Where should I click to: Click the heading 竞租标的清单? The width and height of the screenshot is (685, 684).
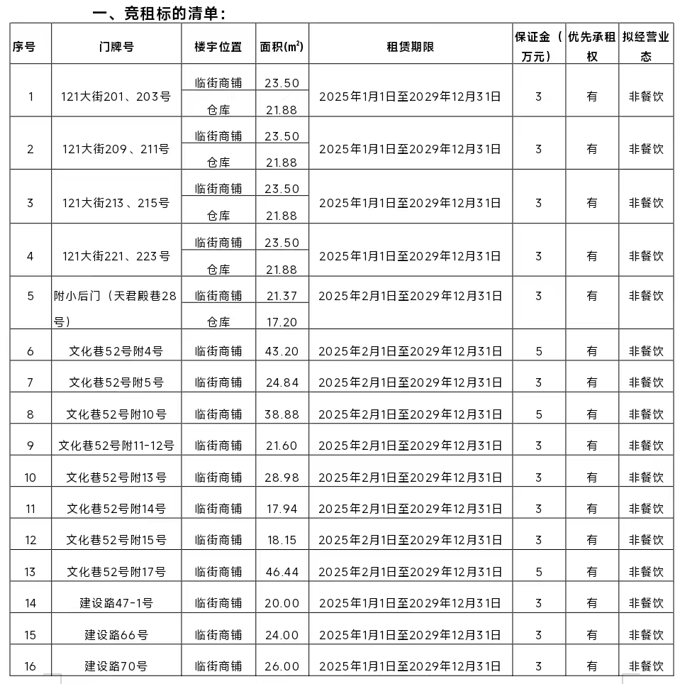[x=160, y=13]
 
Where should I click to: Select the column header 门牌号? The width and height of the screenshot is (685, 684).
[x=116, y=47]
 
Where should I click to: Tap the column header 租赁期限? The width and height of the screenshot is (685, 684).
[x=410, y=47]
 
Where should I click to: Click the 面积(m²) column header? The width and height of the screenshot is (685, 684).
[x=282, y=47]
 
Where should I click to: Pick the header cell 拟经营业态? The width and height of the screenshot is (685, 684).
[x=646, y=47]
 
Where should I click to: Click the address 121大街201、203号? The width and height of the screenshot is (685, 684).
[x=116, y=96]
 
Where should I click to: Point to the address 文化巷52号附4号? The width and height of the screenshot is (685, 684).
[x=116, y=351]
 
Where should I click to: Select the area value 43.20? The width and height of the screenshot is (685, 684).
[x=282, y=351]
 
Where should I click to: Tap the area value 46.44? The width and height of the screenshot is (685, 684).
[x=282, y=571]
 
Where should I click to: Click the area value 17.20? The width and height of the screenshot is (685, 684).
[x=282, y=322]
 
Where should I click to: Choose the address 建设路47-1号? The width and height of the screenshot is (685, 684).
[x=116, y=603]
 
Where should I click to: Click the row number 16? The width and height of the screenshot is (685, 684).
[x=30, y=666]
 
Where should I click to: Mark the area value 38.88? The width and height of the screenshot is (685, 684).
[x=282, y=414]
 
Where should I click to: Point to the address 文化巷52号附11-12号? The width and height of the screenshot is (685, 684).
[x=116, y=446]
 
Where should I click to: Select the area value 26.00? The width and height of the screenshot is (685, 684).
[x=282, y=666]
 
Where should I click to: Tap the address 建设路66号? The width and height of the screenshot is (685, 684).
[x=116, y=634]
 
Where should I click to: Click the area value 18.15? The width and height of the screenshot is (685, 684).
[x=282, y=540]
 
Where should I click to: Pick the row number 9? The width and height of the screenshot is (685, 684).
[x=30, y=446]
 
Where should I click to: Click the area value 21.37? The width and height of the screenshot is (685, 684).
[x=282, y=295]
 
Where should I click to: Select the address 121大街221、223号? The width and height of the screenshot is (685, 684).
[x=116, y=255]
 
